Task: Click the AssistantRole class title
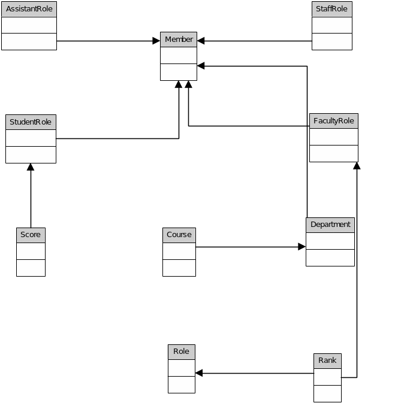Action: (x=29, y=9)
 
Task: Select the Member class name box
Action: (x=179, y=40)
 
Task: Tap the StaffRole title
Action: (x=332, y=9)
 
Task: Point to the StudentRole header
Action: (x=31, y=122)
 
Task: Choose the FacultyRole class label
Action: (x=333, y=121)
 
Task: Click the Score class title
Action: (x=31, y=235)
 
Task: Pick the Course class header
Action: (x=179, y=235)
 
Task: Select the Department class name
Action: (x=330, y=225)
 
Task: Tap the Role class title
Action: (x=181, y=352)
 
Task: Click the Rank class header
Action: (x=327, y=360)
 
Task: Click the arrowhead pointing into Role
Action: (x=199, y=373)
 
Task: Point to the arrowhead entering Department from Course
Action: (x=302, y=246)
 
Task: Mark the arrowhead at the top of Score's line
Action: (x=31, y=167)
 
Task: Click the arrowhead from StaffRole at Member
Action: (x=201, y=41)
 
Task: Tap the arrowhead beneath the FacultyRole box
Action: (x=357, y=166)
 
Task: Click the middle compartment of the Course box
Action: (x=179, y=251)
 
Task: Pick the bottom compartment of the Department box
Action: (x=330, y=257)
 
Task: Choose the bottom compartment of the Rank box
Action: (x=327, y=393)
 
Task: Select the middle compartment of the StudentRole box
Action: (x=31, y=138)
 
